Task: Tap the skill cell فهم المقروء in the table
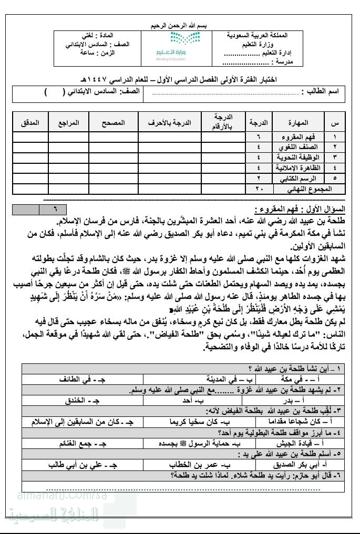point(297,138)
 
